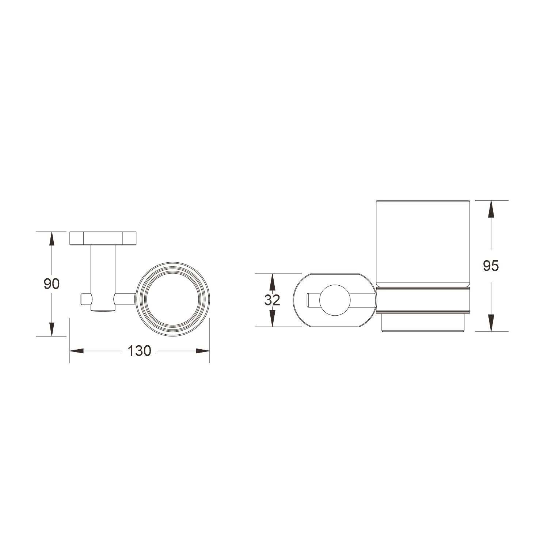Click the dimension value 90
coord(52,283)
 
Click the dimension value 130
coord(139,351)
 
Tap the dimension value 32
coord(272,300)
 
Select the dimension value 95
coord(491,266)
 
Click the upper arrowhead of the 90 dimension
coord(52,239)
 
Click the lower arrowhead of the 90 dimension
coord(52,328)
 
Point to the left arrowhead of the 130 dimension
coord(77,351)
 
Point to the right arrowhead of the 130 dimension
coord(202,351)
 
